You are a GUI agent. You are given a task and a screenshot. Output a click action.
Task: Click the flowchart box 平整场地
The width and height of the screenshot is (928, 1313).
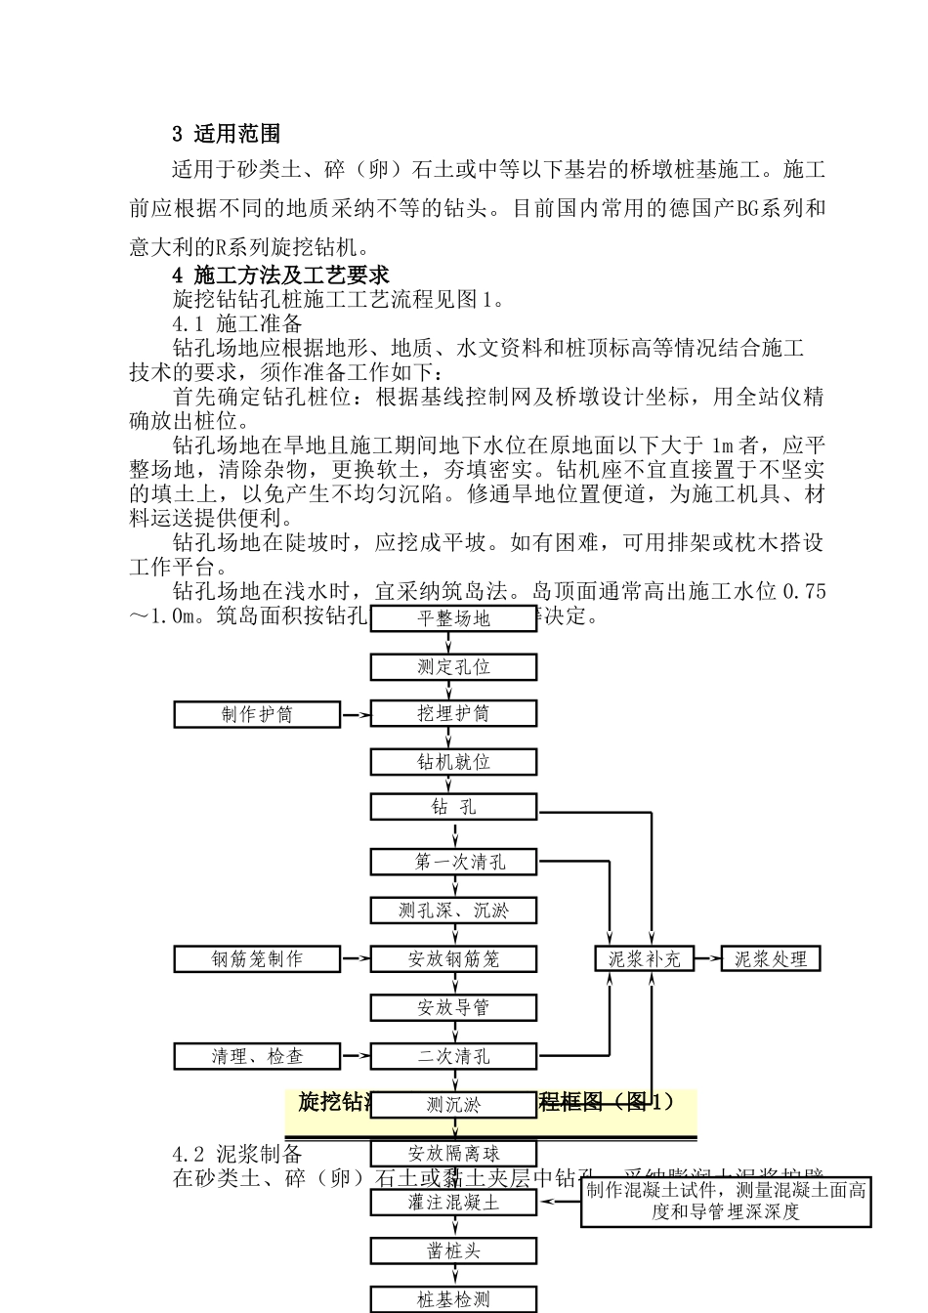click(453, 618)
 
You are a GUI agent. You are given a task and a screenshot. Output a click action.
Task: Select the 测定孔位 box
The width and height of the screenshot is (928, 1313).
click(453, 667)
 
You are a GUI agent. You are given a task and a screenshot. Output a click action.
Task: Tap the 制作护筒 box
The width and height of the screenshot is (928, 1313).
click(257, 714)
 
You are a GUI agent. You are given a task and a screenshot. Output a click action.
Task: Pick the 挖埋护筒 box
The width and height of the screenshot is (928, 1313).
click(453, 713)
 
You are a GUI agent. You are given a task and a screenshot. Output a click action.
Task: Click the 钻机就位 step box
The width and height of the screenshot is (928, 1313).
click(453, 762)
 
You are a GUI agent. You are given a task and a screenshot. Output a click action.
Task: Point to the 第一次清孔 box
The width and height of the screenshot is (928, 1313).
click(453, 862)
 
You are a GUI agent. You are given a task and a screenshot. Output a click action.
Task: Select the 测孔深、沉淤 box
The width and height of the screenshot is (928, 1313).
click(453, 911)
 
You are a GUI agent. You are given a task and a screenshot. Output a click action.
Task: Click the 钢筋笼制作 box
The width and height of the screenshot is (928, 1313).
click(257, 959)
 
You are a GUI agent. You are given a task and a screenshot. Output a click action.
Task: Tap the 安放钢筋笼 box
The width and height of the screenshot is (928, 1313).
click(453, 959)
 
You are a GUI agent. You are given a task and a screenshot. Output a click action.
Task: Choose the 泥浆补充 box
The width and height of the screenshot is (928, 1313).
click(645, 959)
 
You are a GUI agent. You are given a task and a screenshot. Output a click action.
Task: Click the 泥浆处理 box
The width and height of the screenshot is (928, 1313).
click(771, 959)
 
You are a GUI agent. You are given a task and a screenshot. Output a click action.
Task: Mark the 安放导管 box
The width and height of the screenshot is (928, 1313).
click(453, 1007)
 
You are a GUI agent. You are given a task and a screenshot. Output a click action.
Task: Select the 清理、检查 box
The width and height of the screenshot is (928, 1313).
click(257, 1056)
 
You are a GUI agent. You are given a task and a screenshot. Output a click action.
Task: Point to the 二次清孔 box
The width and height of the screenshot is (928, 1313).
click(453, 1056)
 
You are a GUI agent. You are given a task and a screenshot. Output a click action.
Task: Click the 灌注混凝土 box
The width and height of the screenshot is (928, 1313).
click(453, 1202)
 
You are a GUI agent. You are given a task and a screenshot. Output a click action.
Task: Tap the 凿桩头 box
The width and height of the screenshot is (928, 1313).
click(453, 1250)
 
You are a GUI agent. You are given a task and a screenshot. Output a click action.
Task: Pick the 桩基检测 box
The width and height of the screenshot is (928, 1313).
click(453, 1299)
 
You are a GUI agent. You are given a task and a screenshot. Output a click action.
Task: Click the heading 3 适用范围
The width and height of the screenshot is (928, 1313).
click(227, 134)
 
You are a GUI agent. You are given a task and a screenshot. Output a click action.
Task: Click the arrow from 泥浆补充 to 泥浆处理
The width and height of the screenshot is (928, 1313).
click(707, 959)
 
